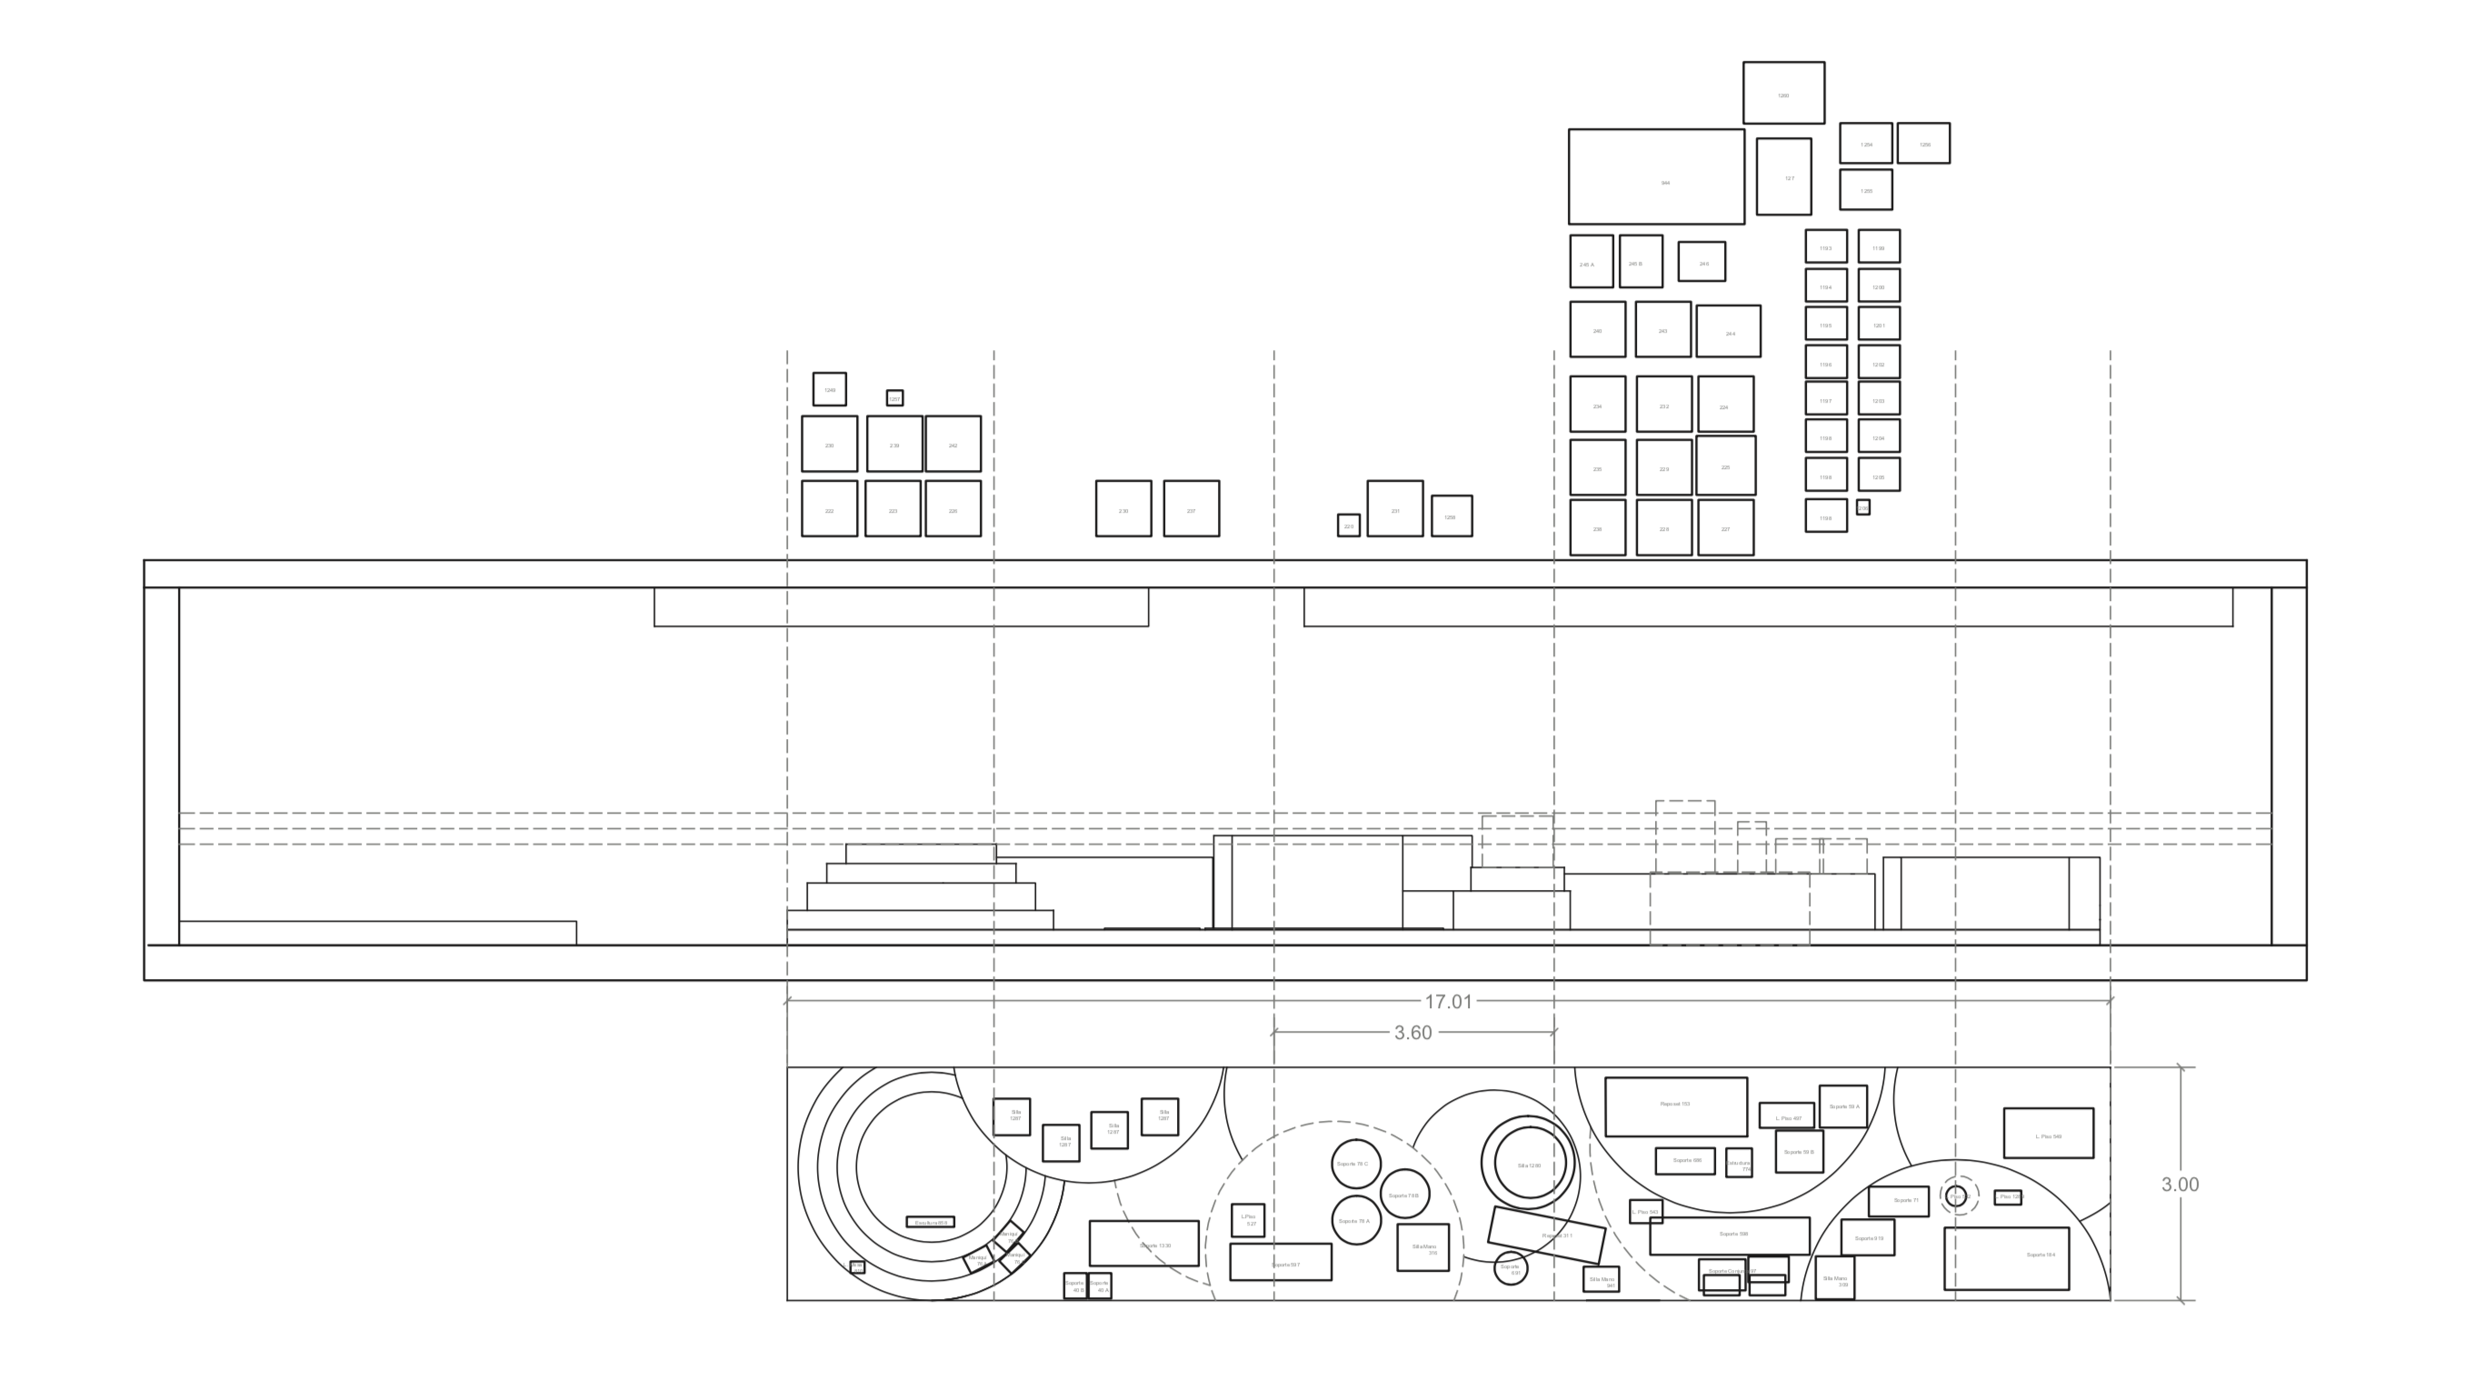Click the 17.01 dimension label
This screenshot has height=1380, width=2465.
tap(1448, 1001)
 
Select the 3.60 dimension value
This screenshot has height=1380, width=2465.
tap(1412, 1033)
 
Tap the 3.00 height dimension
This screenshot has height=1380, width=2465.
tap(2180, 1184)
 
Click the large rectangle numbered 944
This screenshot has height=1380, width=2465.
tap(1655, 177)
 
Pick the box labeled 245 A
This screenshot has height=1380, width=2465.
tap(1591, 261)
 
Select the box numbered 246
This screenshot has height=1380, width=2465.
tap(1701, 261)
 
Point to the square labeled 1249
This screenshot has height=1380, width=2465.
tap(829, 389)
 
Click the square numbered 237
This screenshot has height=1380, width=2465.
tap(1191, 508)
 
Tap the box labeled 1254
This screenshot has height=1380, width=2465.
tap(1865, 144)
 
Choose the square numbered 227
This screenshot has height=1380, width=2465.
tap(1725, 527)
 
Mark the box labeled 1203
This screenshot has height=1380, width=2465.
tap(1879, 399)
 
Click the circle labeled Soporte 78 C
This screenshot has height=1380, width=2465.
tap(1355, 1164)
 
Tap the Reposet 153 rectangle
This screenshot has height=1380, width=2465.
tap(1675, 1106)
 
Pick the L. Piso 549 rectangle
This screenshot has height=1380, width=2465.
tap(2048, 1133)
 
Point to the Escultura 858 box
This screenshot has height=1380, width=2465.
tap(929, 1222)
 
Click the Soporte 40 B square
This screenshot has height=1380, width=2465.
tap(1074, 1285)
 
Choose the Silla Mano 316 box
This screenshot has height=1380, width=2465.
tap(1422, 1247)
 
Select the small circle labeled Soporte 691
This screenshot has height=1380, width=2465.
tap(1510, 1269)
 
